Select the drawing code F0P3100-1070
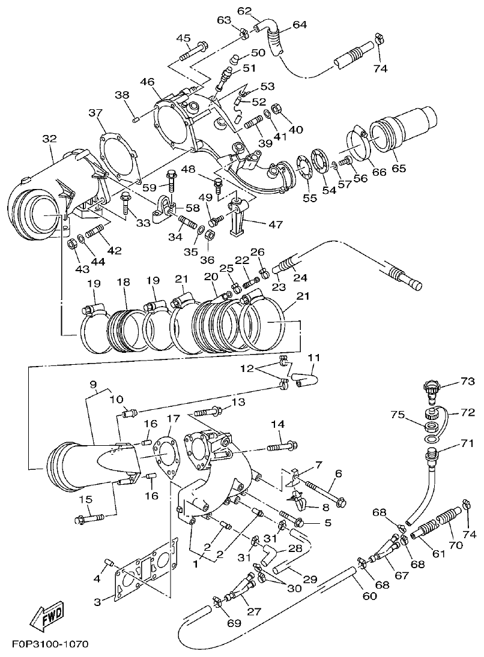click(x=50, y=644)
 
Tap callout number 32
click(x=49, y=139)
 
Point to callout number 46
click(x=148, y=82)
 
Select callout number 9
click(x=93, y=384)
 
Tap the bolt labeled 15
click(x=89, y=517)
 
